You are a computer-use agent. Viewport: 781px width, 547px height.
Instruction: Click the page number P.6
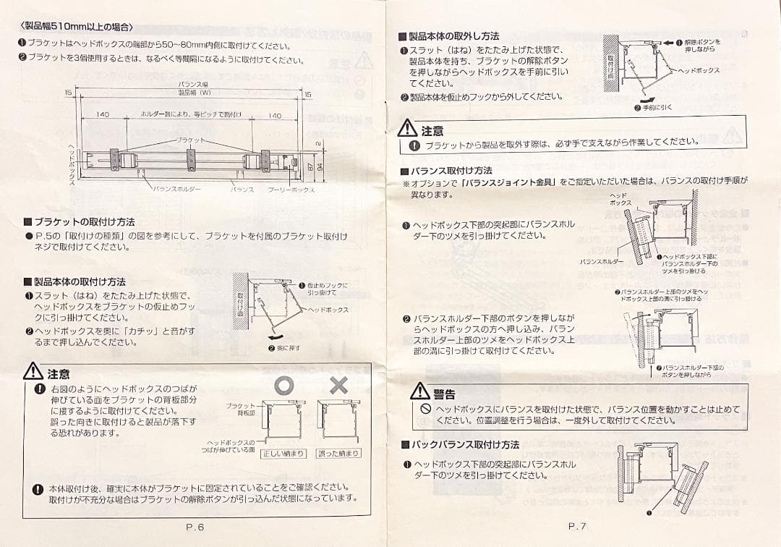(195, 527)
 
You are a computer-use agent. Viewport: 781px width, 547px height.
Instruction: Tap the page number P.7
(577, 527)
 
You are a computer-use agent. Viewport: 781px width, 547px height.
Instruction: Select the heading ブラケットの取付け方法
(84, 222)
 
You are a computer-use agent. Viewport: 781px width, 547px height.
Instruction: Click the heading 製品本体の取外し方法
(453, 35)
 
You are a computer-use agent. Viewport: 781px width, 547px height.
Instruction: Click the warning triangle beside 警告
(420, 392)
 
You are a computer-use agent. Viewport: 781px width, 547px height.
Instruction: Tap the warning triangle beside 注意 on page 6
(33, 373)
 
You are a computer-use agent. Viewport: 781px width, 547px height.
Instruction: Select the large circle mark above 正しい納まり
(283, 386)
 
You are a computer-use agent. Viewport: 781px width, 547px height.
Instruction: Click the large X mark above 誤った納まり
(338, 386)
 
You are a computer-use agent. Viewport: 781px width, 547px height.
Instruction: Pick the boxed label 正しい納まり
(283, 454)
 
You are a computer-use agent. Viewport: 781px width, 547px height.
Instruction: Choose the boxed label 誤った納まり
(338, 454)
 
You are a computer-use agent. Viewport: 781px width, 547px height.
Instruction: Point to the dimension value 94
(319, 167)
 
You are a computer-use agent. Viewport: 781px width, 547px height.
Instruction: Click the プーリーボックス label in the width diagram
(291, 190)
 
